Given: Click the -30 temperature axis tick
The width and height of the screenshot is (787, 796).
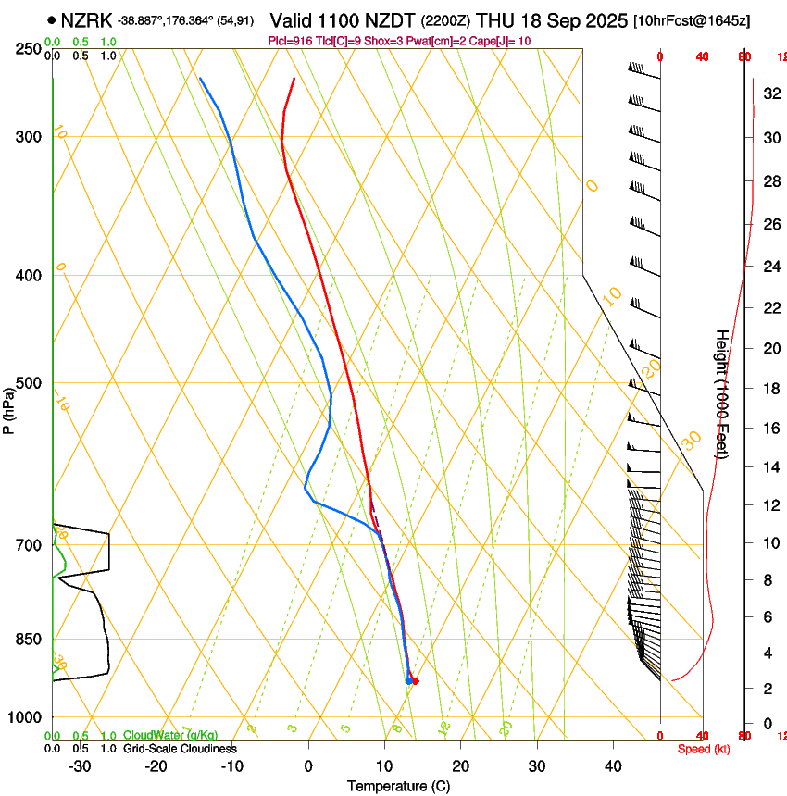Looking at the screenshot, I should pyautogui.click(x=80, y=765).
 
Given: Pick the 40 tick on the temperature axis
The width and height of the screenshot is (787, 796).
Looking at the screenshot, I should pyautogui.click(x=613, y=765).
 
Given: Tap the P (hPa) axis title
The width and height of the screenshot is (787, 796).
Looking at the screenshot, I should pyautogui.click(x=8, y=407).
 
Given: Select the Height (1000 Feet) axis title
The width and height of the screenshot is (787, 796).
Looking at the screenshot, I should pyautogui.click(x=722, y=393).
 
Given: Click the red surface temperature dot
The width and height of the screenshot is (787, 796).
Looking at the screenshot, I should pyautogui.click(x=415, y=681).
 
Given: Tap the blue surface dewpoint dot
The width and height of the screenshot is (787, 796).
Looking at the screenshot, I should pyautogui.click(x=408, y=681).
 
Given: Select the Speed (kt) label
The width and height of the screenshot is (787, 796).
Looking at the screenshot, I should pyautogui.click(x=704, y=749).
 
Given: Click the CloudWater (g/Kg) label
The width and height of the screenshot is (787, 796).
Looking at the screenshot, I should pyautogui.click(x=170, y=736).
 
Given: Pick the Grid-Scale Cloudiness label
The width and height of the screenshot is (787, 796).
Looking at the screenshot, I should pyautogui.click(x=180, y=749).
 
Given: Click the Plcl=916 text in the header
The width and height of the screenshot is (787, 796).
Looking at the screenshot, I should pyautogui.click(x=292, y=41).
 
